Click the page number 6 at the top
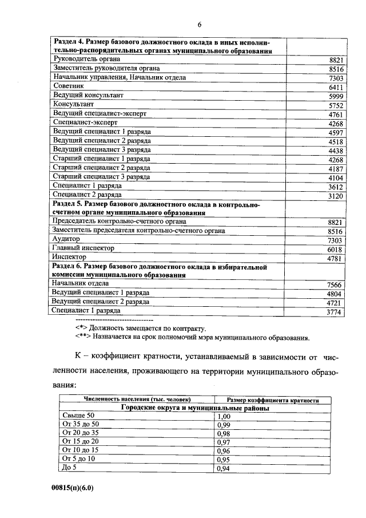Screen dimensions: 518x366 tap(200, 24)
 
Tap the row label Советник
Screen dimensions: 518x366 tap(69, 86)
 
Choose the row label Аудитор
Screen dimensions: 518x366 tap(66, 239)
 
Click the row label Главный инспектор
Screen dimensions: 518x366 tap(83, 248)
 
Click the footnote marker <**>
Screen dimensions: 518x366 tap(85, 338)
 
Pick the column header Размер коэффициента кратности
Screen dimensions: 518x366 tap(273, 400)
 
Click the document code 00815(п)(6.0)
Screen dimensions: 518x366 tap(71, 488)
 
